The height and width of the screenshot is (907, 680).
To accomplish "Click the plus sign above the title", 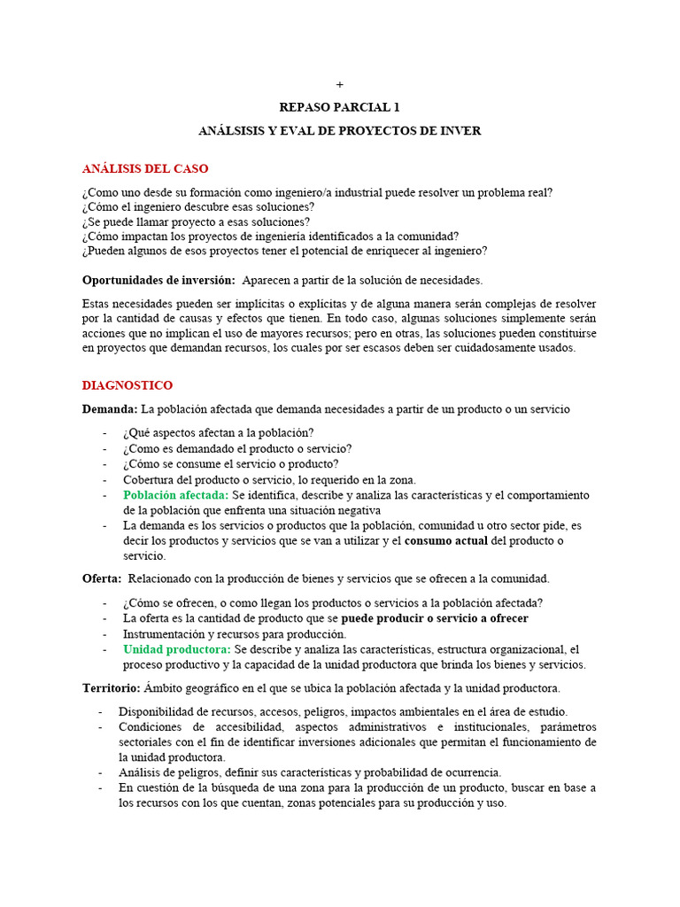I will (x=340, y=85).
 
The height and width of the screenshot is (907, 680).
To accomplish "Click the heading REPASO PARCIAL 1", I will (x=340, y=107).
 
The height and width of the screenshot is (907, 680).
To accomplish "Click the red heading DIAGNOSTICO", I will (x=127, y=385).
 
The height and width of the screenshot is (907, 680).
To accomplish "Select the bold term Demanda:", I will (x=110, y=409).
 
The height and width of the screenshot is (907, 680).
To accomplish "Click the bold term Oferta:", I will (x=102, y=578).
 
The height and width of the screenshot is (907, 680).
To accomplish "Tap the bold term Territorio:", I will (x=112, y=688).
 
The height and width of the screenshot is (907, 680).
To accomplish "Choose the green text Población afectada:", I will (x=176, y=495).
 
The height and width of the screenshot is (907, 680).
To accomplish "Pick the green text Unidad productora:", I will (x=177, y=649).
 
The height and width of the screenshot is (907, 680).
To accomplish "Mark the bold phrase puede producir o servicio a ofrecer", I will (x=435, y=617).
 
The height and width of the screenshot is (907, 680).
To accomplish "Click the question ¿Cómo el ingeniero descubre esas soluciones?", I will (x=198, y=206).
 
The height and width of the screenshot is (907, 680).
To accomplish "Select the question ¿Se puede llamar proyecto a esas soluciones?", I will (x=196, y=221).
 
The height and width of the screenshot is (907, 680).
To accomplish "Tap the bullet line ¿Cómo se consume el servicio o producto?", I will (x=231, y=463).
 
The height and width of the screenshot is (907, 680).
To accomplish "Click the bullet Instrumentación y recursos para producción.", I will (x=235, y=633).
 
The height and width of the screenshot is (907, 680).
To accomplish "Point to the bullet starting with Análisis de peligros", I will (x=309, y=772).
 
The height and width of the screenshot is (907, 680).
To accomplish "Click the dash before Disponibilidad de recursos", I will (x=100, y=712).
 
